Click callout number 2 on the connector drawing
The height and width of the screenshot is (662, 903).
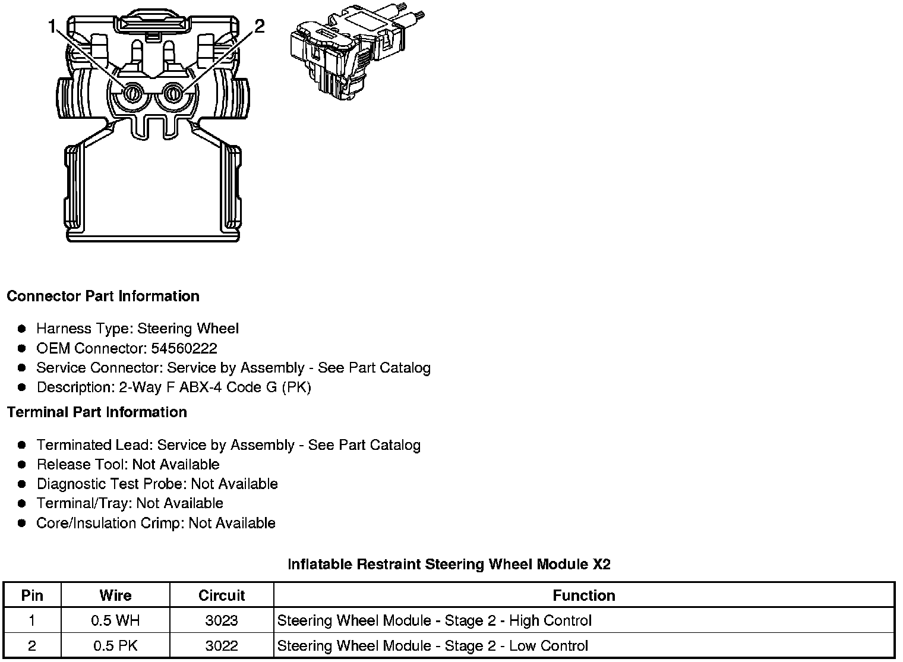tap(259, 26)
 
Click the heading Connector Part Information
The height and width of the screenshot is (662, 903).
tap(103, 296)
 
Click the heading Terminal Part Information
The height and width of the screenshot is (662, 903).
tap(97, 412)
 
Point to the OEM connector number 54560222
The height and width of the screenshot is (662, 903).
tap(184, 348)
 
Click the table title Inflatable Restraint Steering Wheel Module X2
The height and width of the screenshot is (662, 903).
tap(449, 564)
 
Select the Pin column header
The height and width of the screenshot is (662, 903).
tap(32, 595)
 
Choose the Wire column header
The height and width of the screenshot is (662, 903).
tap(115, 595)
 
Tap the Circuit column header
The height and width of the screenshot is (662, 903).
tap(222, 595)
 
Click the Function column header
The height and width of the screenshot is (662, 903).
tap(583, 595)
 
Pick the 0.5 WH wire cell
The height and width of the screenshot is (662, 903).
tap(115, 621)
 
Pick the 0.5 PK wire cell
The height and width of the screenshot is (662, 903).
tap(115, 646)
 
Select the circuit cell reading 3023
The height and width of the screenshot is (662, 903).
tap(222, 621)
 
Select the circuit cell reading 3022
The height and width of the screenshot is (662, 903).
tap(222, 646)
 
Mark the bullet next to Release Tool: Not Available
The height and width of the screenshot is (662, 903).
tap(22, 465)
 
